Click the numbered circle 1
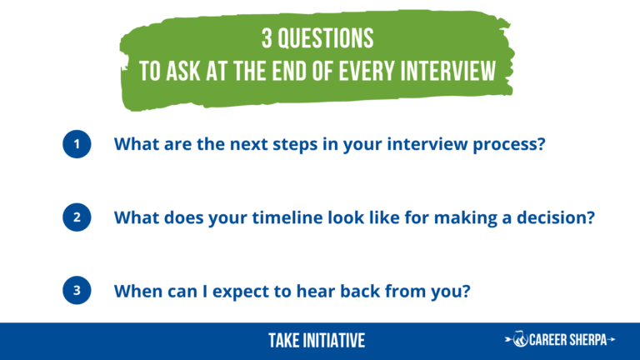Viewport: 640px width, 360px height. pos(77,144)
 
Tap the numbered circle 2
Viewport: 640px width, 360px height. pos(77,217)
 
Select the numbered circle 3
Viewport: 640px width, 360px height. pos(77,290)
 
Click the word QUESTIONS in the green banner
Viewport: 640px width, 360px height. pos(325,39)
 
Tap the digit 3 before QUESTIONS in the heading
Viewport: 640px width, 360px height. pos(267,39)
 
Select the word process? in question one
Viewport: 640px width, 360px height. pos(509,145)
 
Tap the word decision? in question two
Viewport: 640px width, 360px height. pos(556,217)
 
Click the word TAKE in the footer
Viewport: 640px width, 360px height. pos(283,341)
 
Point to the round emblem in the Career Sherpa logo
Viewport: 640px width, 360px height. pos(520,339)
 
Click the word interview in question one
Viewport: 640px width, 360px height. pos(427,144)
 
